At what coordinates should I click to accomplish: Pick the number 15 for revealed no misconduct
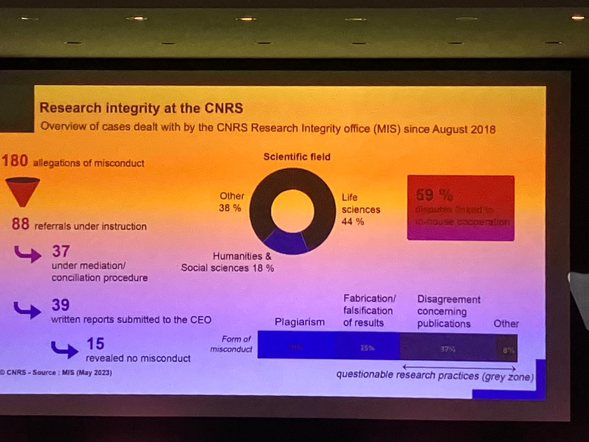pyautogui.click(x=95, y=343)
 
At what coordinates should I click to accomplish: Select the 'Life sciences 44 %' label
pyautogui.click(x=360, y=209)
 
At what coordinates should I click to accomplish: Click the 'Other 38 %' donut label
pyautogui.click(x=231, y=202)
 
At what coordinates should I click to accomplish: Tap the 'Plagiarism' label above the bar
pyautogui.click(x=299, y=322)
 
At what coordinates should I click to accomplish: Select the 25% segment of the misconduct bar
pyautogui.click(x=366, y=348)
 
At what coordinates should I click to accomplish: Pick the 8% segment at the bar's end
pyautogui.click(x=508, y=350)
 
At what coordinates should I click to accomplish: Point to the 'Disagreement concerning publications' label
pyautogui.click(x=448, y=311)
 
